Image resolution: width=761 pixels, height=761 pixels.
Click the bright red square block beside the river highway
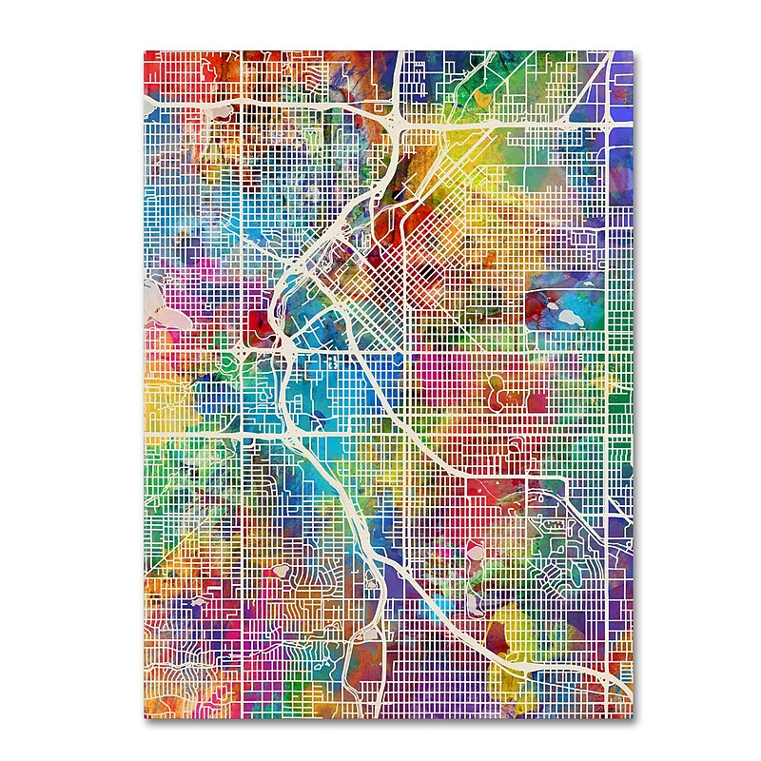click(258, 323)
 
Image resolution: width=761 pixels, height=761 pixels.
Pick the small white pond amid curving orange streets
click(281, 572)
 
